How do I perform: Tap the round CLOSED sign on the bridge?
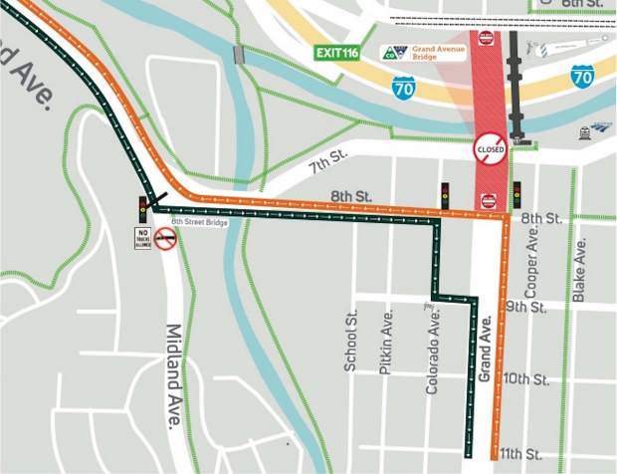[x=490, y=149]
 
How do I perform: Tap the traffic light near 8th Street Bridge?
[x=143, y=209]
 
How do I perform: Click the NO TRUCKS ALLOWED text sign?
[x=141, y=239]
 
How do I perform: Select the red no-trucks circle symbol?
[x=166, y=238]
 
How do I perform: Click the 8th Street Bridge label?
[x=199, y=223]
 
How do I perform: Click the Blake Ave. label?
[x=579, y=274]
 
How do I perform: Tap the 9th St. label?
[x=525, y=309]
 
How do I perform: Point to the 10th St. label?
[x=525, y=379]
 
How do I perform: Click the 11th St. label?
[x=523, y=451]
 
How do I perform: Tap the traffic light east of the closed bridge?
[x=516, y=193]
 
